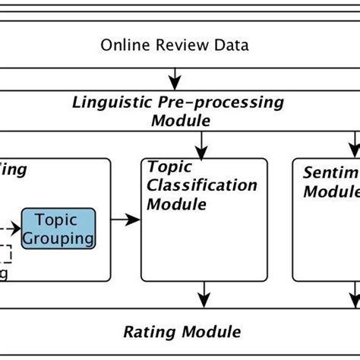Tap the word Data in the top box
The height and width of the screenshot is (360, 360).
coord(230,45)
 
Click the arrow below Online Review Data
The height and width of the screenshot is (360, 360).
coord(176,77)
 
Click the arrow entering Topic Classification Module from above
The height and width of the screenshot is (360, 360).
coord(203,144)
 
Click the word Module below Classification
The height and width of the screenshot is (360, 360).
coord(176,204)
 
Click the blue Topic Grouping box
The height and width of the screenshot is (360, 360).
coord(59,229)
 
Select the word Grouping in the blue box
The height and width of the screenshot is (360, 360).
coord(59,238)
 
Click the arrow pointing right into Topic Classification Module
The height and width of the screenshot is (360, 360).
coord(126,220)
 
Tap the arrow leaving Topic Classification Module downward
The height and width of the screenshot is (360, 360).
coord(203,292)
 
